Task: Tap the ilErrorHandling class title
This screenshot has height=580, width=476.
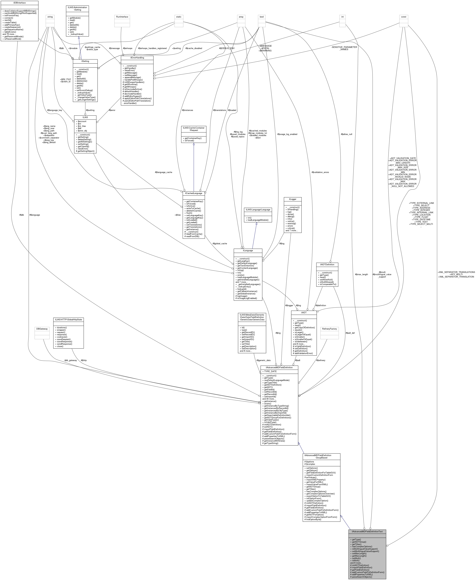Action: click(137, 58)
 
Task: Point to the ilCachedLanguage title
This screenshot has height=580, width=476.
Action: click(194, 193)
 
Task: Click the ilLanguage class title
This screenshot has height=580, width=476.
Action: click(248, 251)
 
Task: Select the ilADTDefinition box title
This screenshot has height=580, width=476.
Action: click(327, 265)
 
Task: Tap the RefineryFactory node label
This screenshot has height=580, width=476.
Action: click(330, 329)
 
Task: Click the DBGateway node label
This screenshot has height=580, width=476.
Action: click(42, 329)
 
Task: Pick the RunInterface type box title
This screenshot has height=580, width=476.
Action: click(122, 17)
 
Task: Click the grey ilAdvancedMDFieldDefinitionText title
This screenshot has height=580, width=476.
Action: click(367, 532)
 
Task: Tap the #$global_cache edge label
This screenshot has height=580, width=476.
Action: click(220, 243)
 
